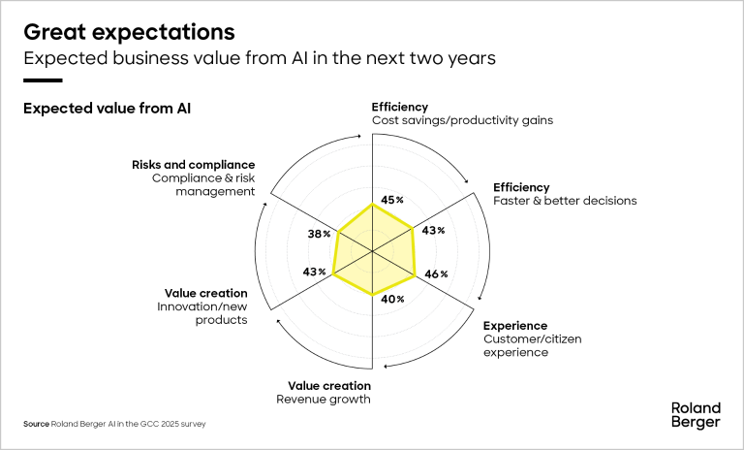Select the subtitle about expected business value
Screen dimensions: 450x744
pos(260,58)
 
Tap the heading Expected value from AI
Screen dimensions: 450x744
pos(107,109)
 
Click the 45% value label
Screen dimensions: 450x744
pos(392,200)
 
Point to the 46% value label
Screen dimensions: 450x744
pos(436,274)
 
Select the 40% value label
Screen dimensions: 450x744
pos(392,299)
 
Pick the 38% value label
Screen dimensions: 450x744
pos(320,234)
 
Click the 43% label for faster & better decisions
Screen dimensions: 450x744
pos(433,230)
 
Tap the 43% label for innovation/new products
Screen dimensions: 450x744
pos(315,272)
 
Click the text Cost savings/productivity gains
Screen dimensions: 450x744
pos(462,120)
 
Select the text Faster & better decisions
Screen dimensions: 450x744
pos(565,201)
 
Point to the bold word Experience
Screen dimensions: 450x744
pos(515,325)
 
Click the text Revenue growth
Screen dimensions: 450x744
pos(324,399)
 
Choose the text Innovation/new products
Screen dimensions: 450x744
pos(201,313)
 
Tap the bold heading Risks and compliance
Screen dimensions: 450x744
pos(193,165)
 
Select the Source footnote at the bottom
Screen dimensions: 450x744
pos(114,424)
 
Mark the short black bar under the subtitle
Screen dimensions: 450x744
pos(43,80)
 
